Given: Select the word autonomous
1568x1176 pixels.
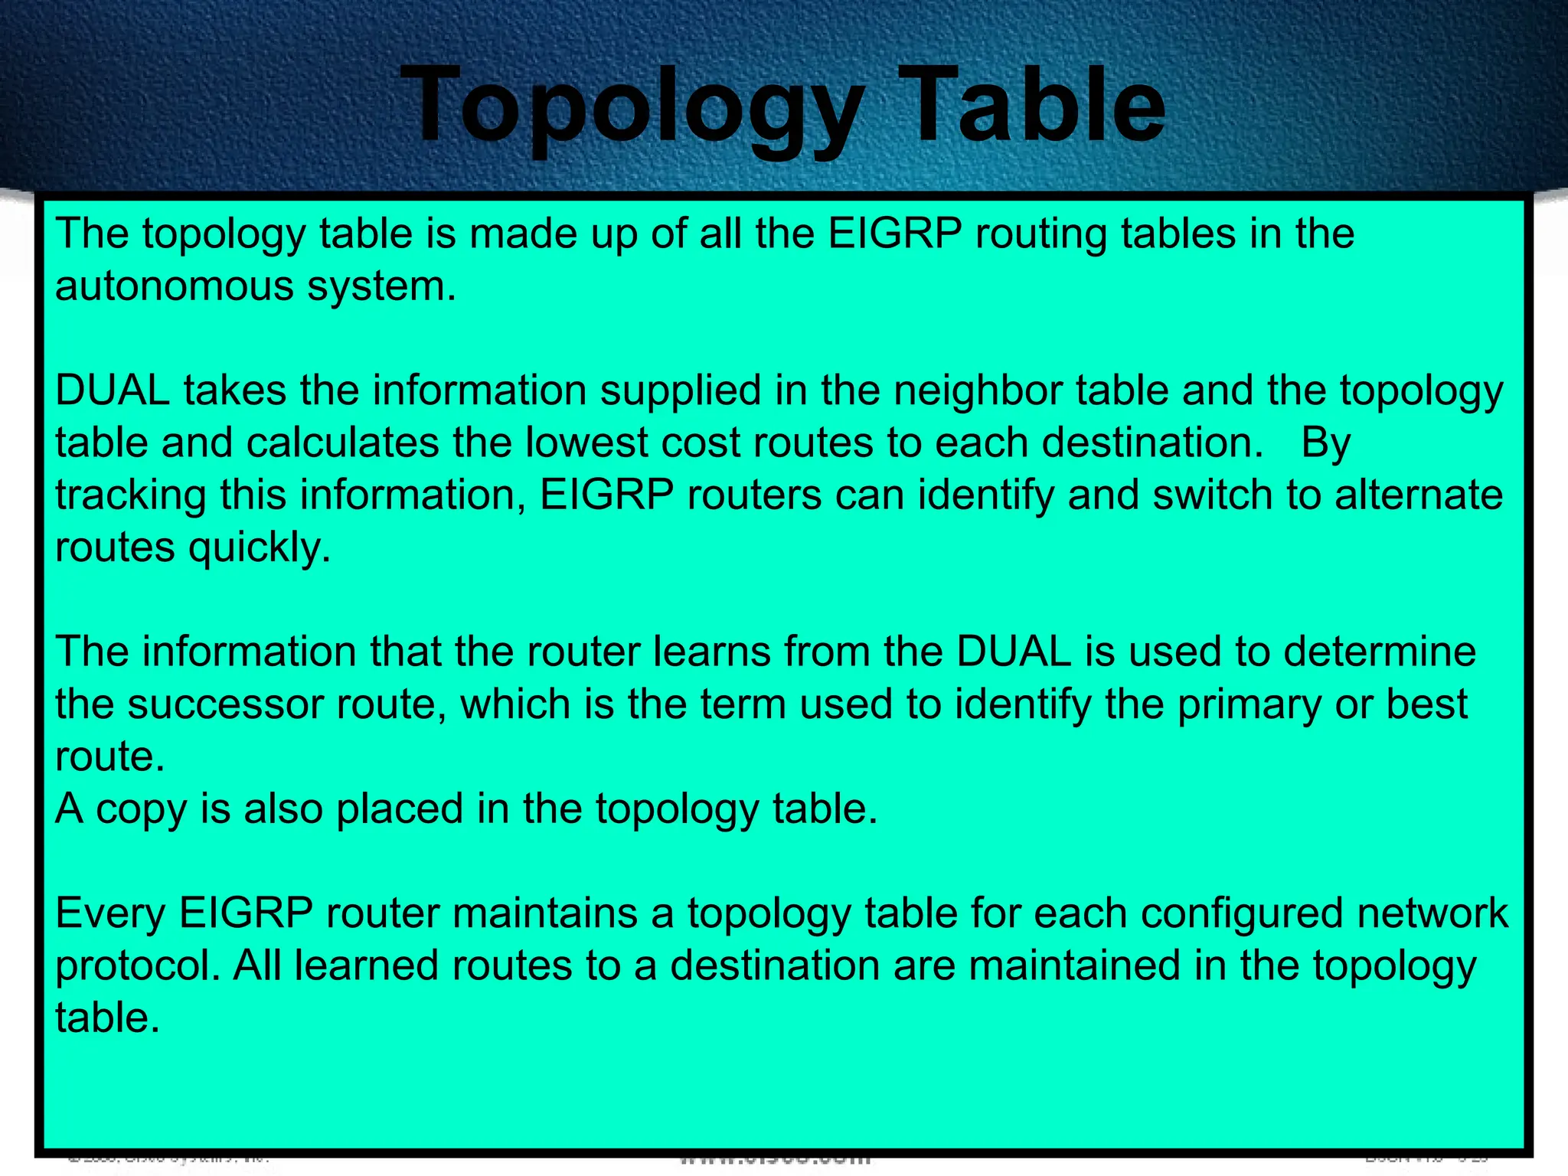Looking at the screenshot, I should coord(175,286).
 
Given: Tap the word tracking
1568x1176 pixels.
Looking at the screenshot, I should coord(130,495).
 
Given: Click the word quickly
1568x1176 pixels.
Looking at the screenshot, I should coord(260,548).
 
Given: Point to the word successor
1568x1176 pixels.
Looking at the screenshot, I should coord(226,704).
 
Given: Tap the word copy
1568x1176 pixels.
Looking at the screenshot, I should coord(141,810).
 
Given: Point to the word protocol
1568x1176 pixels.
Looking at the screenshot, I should coord(138,966).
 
